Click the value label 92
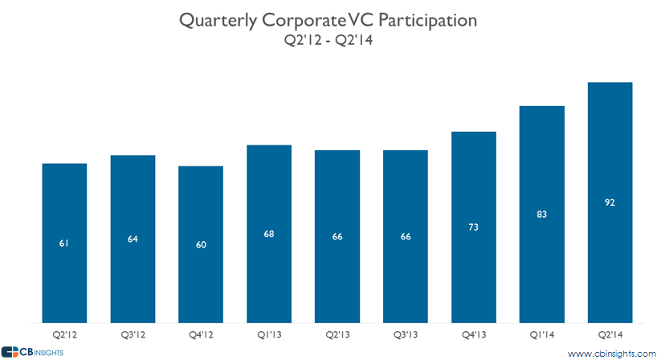pos(610,203)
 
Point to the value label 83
pos(542,215)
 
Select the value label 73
pos(474,227)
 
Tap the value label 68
pos(269,234)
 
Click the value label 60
pos(201,244)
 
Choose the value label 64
pos(133,239)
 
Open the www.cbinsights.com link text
pos(612,353)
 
